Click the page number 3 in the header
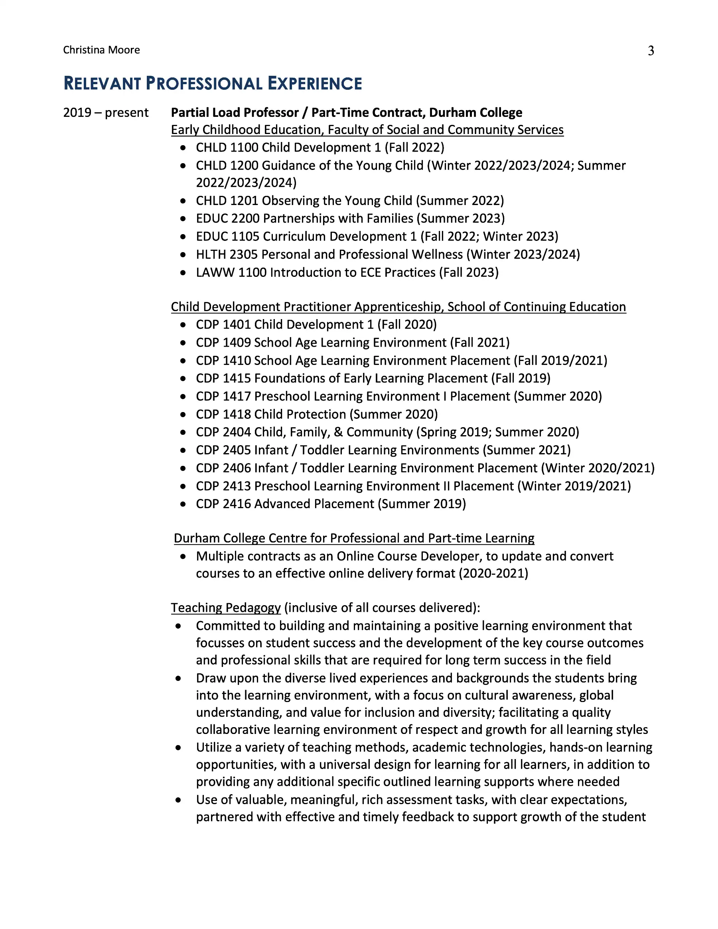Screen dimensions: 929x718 click(650, 51)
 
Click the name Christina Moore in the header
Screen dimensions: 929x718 click(101, 50)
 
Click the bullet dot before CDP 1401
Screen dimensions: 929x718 click(183, 325)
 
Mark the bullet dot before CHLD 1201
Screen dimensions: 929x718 click(183, 201)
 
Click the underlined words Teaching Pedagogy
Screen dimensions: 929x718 click(225, 608)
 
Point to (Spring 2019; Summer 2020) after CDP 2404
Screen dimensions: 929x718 click(497, 432)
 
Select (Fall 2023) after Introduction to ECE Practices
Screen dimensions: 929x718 click(469, 272)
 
